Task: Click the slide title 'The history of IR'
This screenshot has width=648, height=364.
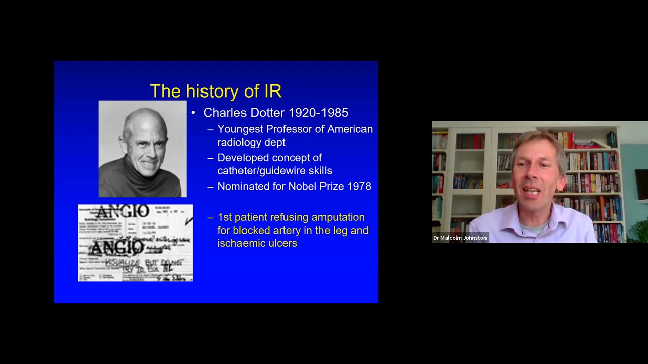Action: (x=216, y=91)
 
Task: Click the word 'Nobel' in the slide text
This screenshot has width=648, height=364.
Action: (x=303, y=186)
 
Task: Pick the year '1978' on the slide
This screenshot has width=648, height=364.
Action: (x=359, y=186)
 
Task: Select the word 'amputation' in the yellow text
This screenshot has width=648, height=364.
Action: (x=338, y=217)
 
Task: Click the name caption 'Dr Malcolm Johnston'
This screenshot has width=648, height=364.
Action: (x=460, y=238)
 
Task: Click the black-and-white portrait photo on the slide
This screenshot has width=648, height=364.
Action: (x=142, y=149)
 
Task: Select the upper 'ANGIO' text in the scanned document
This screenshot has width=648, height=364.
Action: (x=123, y=212)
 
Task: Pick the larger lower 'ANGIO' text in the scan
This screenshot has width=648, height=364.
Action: (x=116, y=247)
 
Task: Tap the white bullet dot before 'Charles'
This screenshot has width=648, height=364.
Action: (x=193, y=113)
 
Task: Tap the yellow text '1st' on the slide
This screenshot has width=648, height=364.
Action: (x=224, y=217)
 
